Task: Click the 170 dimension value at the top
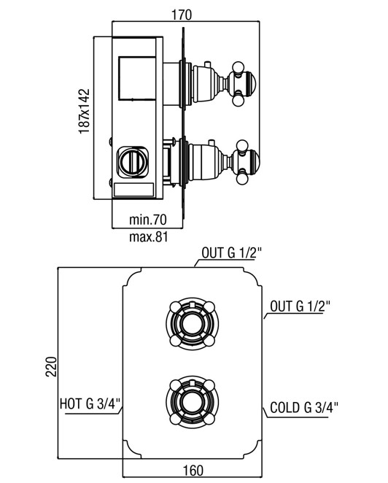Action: [x=182, y=15]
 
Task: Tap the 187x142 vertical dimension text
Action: [x=84, y=111]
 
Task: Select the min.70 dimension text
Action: [x=148, y=220]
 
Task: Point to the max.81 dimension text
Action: [x=149, y=237]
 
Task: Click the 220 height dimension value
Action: [x=52, y=366]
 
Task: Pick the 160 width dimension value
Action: [x=193, y=471]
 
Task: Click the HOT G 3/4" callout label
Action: [x=90, y=403]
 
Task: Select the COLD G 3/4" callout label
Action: [x=304, y=408]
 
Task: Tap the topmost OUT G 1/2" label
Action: [x=231, y=253]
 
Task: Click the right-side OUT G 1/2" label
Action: [x=300, y=306]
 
